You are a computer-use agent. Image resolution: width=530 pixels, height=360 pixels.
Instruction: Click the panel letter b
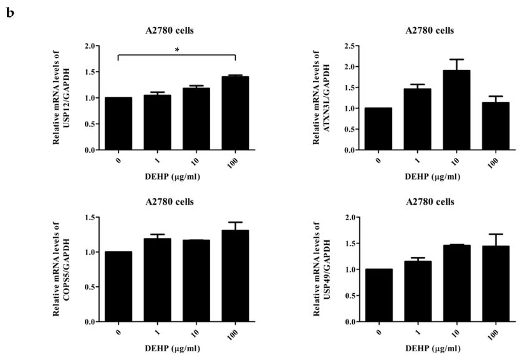pyautogui.click(x=9, y=12)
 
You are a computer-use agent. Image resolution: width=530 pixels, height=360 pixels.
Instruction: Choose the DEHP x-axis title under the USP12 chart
pyautogui.click(x=176, y=177)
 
